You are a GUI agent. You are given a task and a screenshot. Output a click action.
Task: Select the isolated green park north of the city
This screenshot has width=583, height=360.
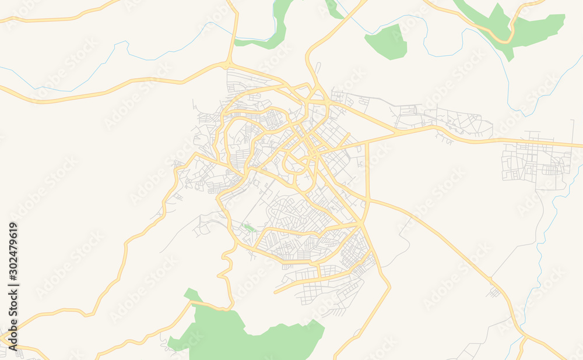[386, 42]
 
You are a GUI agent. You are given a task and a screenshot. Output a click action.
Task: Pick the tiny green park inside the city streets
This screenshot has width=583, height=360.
[250, 228]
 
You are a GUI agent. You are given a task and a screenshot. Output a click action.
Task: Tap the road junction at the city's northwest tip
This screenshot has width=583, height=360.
[229, 62]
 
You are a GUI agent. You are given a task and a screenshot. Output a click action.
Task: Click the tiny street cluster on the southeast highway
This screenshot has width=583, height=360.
[494, 291]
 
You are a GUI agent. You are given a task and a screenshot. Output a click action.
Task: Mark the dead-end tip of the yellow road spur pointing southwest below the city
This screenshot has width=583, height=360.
[275, 291]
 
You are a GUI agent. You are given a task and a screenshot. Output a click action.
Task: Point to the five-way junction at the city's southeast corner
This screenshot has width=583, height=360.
[362, 224]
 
